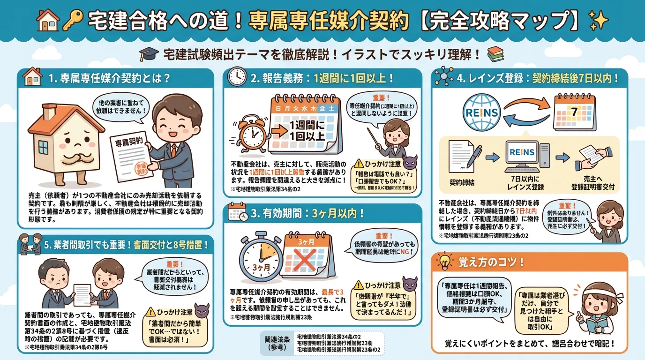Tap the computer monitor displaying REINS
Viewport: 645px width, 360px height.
(521, 155)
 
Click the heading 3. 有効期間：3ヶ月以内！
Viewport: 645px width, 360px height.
(307, 214)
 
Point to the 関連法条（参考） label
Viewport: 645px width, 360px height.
(277, 343)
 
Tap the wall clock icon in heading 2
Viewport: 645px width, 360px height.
(238, 78)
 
